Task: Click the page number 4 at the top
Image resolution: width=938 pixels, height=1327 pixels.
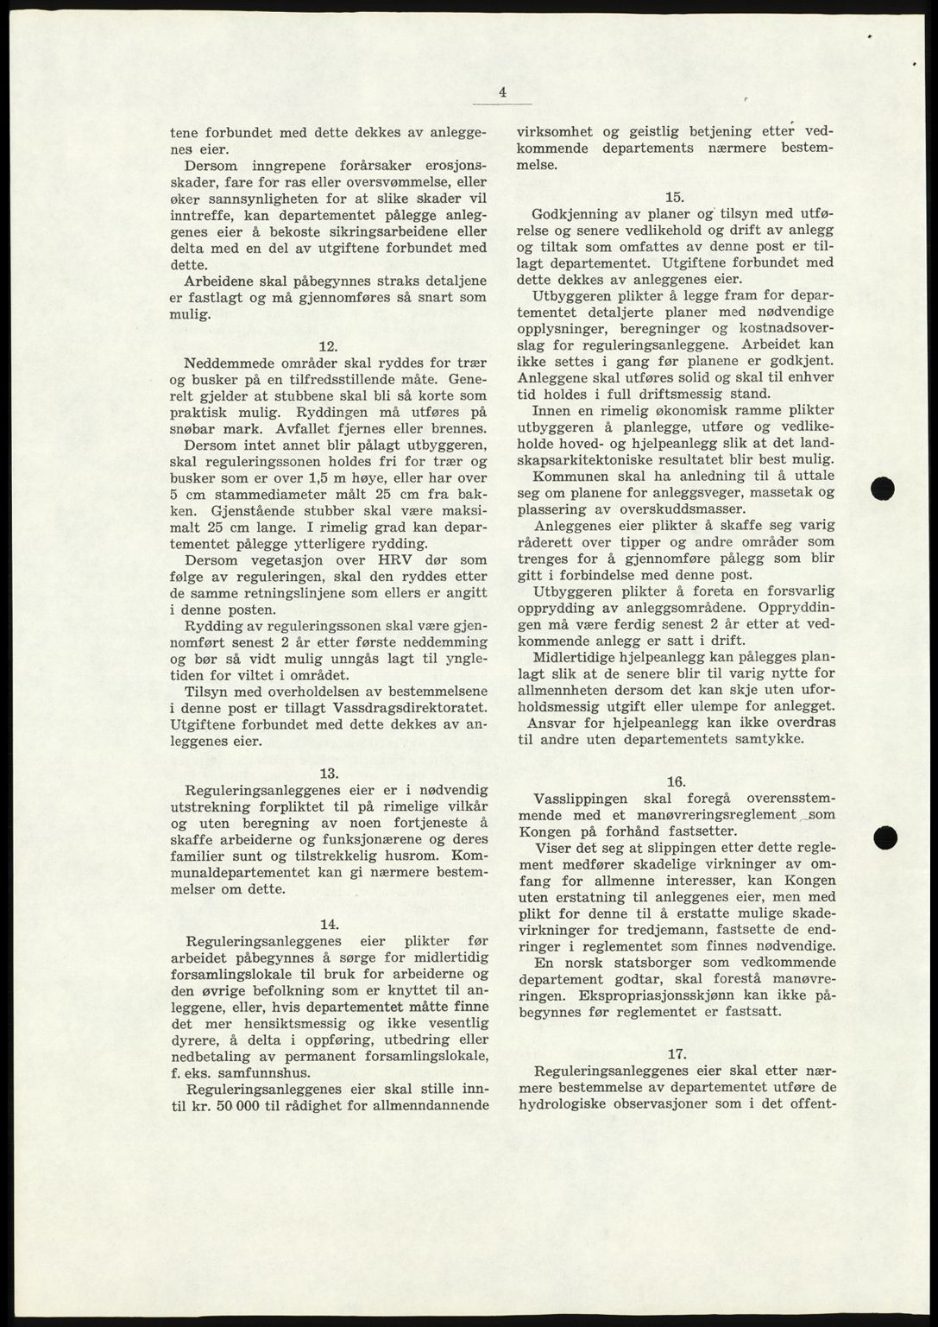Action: [502, 93]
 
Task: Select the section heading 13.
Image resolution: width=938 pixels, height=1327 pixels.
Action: [328, 772]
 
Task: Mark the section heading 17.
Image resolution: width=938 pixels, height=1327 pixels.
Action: [676, 1052]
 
